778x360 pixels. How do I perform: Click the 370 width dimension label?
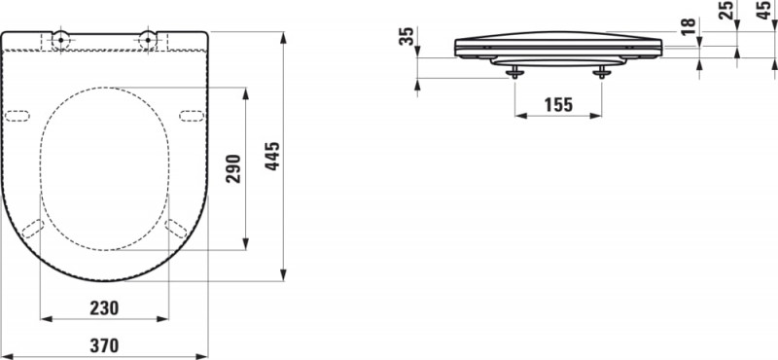coord(104,344)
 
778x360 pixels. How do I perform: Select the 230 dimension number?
coord(104,307)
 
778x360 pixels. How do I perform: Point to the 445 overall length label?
coord(273,157)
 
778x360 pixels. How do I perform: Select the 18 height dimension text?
coord(689,27)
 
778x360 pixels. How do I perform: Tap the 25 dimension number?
coord(725,12)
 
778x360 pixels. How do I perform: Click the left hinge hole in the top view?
coord(60,39)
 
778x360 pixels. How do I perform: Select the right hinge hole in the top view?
coord(148,39)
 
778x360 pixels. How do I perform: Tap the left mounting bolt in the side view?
coord(514,72)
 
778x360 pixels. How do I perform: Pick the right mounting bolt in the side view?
coord(602,72)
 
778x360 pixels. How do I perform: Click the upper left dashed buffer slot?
coord(18,116)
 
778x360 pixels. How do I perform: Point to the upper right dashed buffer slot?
coord(192,116)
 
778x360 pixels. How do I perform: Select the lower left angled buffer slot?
coord(32,229)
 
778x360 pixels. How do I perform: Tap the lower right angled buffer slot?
coord(176,229)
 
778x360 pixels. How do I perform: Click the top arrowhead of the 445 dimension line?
coord(283,36)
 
